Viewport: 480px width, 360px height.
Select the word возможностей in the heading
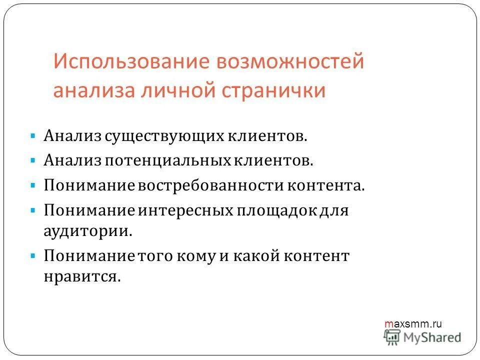coord(289,62)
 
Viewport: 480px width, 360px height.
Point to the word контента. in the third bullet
coord(326,185)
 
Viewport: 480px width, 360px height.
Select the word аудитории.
coord(88,231)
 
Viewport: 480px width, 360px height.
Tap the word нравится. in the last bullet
coord(83,277)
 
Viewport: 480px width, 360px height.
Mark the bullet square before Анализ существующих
coord(32,136)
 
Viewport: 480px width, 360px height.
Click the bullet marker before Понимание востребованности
coord(32,185)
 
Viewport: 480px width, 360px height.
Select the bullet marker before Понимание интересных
coord(32,209)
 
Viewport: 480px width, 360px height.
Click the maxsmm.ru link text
coord(413,324)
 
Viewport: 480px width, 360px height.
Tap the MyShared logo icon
coord(393,337)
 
